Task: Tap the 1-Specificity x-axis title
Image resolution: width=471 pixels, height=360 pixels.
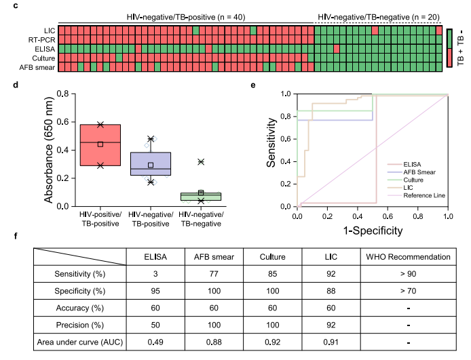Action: (373, 231)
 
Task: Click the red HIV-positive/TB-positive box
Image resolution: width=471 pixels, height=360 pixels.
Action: (100, 144)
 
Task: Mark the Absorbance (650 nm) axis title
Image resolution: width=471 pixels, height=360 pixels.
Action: (50, 149)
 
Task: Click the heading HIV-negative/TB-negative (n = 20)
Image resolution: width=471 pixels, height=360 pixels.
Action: (378, 15)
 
